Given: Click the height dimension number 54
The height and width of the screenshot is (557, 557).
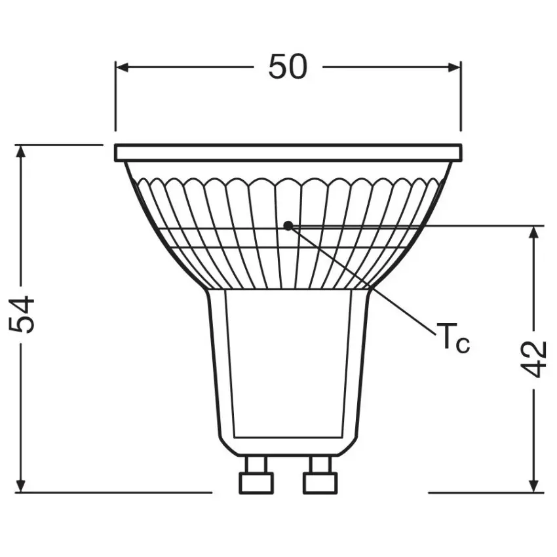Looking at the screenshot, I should [24, 315].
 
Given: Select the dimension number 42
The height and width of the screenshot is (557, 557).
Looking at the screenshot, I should [535, 358].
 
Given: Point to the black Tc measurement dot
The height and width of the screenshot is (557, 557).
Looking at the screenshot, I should [288, 225].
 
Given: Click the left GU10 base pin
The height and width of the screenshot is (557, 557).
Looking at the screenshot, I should [255, 476].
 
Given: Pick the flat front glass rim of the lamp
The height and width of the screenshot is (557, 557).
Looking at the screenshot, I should [288, 153].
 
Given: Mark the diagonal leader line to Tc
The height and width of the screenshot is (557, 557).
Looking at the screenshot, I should [367, 282].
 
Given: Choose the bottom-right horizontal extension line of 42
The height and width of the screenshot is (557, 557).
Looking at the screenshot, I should [485, 492].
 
